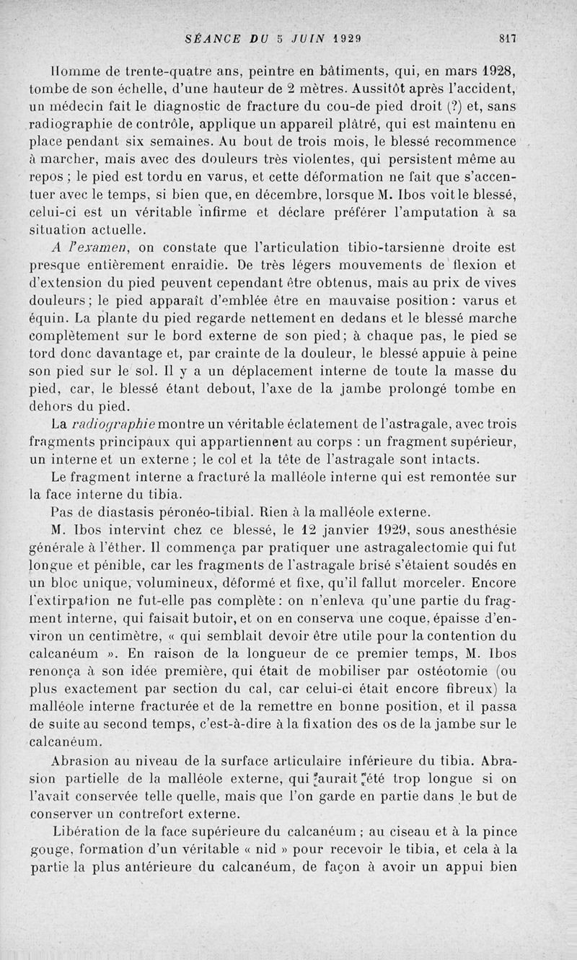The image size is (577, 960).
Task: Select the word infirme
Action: coord(239,213)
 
